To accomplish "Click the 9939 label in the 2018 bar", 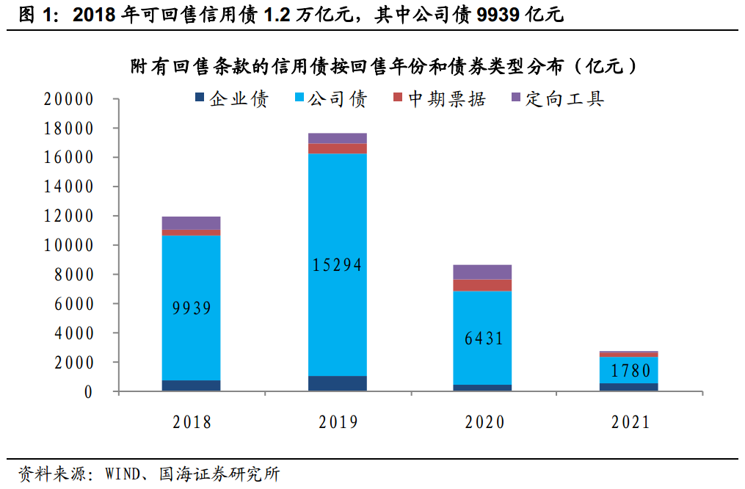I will point(192,308).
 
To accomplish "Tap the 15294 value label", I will point(338,265).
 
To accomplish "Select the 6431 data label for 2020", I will point(484,338).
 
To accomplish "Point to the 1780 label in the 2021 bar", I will point(630,370).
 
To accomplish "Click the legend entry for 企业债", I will point(231,99).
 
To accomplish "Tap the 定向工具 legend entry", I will point(557,99).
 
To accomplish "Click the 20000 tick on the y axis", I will point(69,100).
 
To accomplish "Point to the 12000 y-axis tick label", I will point(69,217).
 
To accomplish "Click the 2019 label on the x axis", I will point(338,422).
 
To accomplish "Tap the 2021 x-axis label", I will point(630,422).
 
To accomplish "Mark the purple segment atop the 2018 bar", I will point(192,223).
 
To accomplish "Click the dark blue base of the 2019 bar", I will point(338,383).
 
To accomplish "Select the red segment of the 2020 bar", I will point(484,286).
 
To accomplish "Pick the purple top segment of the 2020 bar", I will point(484,272).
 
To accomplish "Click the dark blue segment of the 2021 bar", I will point(630,387).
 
